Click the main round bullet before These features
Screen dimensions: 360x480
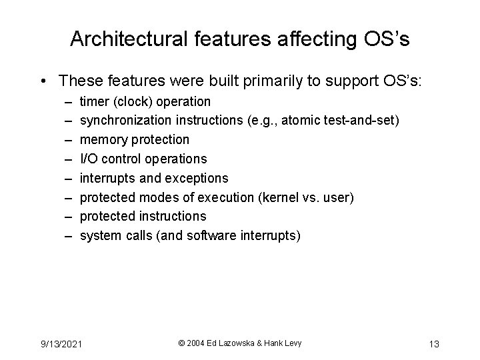tap(43, 81)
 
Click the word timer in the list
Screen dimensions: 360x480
tap(94, 102)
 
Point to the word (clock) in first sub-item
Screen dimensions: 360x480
tap(133, 102)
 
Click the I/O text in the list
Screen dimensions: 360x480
tap(88, 159)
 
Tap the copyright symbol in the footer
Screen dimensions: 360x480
tap(182, 343)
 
